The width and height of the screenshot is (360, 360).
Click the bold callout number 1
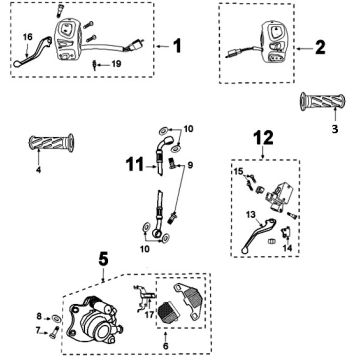point(177,46)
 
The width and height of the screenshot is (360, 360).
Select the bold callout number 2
point(320,48)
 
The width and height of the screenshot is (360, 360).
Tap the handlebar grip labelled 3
point(322,101)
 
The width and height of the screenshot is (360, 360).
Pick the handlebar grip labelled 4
point(51,143)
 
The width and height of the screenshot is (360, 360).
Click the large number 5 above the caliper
point(104,259)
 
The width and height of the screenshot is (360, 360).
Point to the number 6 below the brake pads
point(166,346)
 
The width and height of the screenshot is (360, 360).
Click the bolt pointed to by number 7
point(54,333)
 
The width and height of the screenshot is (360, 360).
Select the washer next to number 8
point(56,318)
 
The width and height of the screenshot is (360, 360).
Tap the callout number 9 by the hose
point(190,165)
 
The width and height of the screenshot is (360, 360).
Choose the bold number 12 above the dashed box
point(263,138)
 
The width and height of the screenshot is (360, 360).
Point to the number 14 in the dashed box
point(288,248)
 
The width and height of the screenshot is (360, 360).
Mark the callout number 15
point(238,171)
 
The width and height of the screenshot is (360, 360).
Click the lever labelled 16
point(33,52)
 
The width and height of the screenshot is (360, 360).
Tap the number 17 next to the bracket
point(151,314)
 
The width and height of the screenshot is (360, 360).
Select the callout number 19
point(116,64)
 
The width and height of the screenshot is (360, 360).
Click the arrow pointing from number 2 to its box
point(304,49)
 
